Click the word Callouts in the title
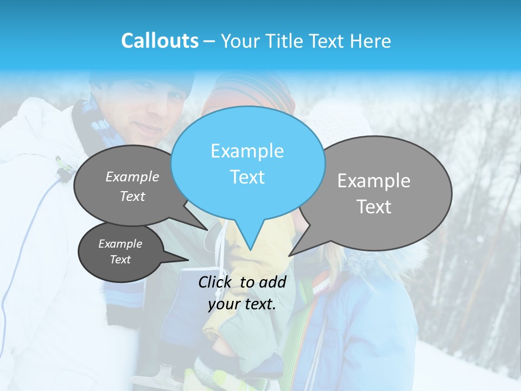(x=160, y=41)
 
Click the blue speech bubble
(x=247, y=163)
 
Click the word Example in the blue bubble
(x=247, y=151)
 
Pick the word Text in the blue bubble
(x=247, y=177)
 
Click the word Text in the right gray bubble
(x=374, y=207)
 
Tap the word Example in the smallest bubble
(x=120, y=244)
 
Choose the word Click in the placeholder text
(x=215, y=282)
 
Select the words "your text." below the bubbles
(x=242, y=305)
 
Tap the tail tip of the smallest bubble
(x=188, y=260)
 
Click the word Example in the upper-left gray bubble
(x=132, y=176)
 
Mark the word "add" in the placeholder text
(x=272, y=282)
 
